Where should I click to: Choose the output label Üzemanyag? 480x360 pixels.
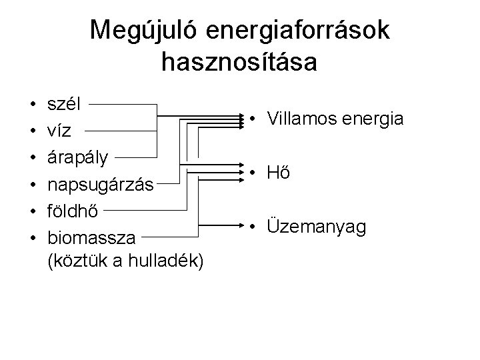[316, 227]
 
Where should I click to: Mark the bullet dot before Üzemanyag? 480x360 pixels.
[253, 228]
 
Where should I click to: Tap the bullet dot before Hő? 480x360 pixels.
[253, 174]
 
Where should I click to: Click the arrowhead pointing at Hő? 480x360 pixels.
[241, 172]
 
